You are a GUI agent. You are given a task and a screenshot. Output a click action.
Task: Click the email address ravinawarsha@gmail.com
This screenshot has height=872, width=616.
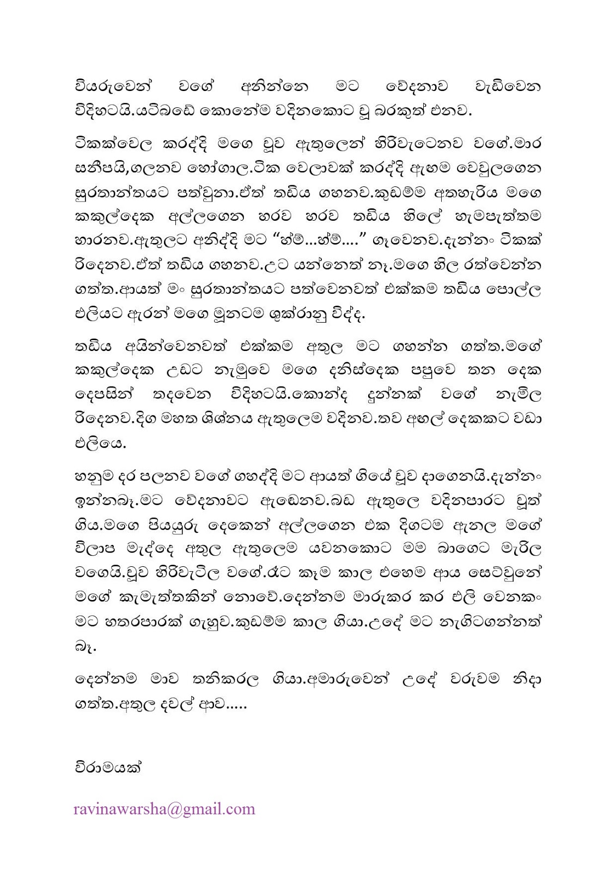point(164,809)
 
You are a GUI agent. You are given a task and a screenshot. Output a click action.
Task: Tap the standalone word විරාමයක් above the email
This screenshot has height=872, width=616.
point(108,767)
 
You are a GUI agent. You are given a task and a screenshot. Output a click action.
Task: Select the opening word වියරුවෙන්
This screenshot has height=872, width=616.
point(113,87)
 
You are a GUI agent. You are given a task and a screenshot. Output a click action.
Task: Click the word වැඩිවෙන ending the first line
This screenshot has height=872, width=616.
point(508,87)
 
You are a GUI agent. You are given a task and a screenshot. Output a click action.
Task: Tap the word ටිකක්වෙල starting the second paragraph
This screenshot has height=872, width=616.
point(113,144)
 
